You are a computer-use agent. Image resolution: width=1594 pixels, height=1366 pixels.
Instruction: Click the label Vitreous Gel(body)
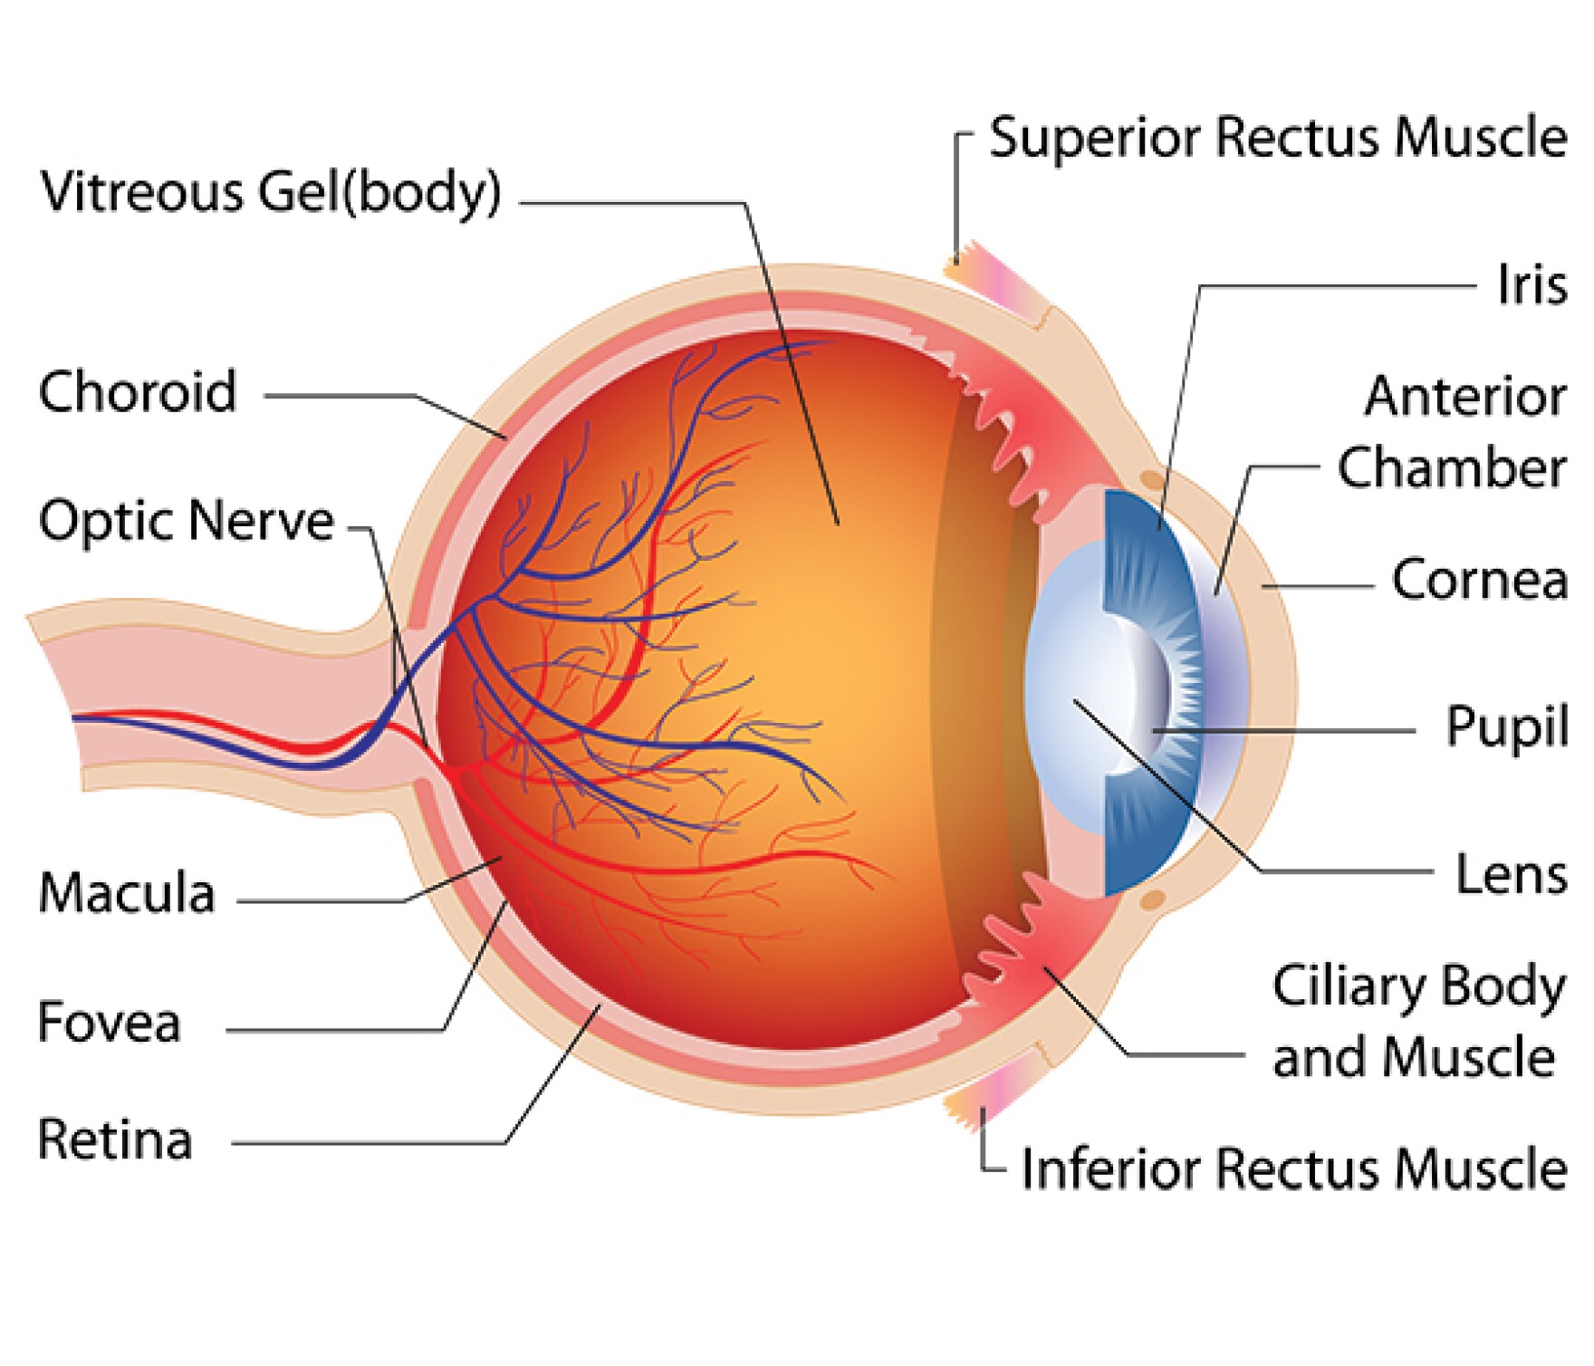point(270,192)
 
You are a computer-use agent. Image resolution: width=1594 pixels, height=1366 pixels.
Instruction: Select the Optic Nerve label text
point(187,521)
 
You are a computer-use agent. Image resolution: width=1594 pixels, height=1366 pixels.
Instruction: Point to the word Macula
point(127,892)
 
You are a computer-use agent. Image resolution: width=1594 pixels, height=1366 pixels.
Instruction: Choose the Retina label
point(115,1140)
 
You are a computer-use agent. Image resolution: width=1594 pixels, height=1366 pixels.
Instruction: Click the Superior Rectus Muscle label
point(1278,138)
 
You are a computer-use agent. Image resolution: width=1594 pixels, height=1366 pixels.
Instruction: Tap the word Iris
point(1532,284)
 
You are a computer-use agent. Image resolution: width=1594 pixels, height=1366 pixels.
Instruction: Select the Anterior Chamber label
point(1458,432)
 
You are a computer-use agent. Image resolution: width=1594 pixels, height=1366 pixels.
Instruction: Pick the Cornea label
point(1479,580)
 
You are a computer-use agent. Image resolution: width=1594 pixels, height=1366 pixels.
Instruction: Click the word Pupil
point(1507,726)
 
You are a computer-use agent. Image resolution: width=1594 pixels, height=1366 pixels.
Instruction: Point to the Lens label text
point(1512,874)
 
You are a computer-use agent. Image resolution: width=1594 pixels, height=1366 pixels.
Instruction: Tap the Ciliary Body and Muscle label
point(1417,1021)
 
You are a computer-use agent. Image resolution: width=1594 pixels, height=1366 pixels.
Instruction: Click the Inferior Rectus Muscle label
point(1294,1169)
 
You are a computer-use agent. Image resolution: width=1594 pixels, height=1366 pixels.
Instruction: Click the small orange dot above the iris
point(1152,478)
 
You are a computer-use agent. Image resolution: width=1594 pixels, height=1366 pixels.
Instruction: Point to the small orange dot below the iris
point(1152,899)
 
